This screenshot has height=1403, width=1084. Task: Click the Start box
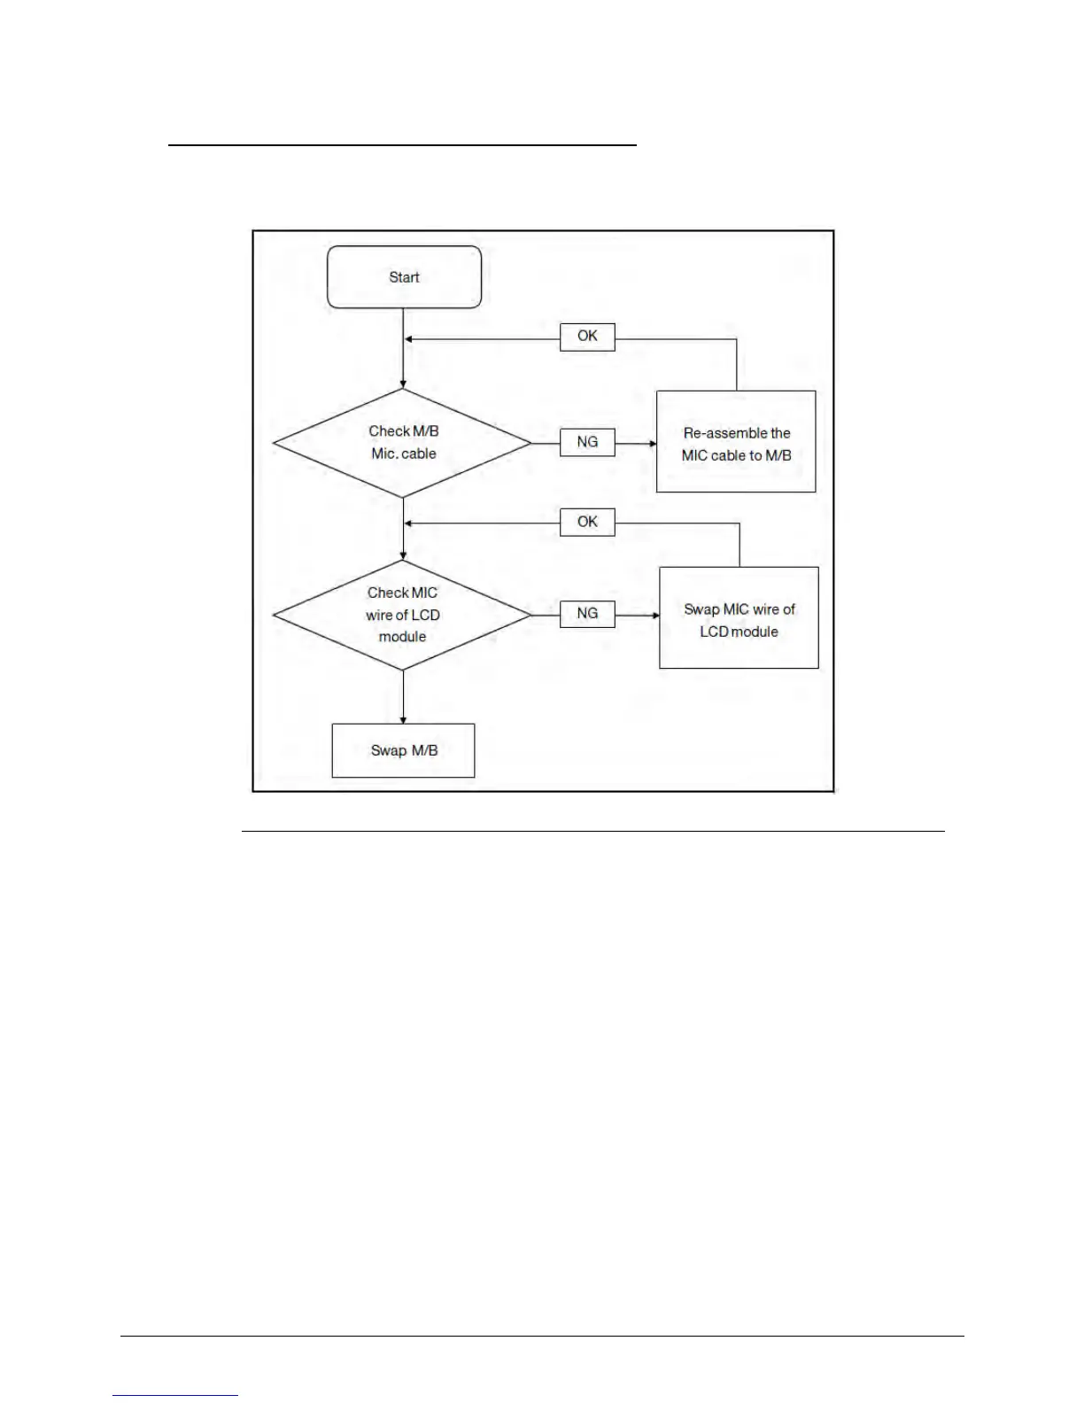(404, 277)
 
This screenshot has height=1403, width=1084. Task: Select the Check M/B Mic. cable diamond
(403, 443)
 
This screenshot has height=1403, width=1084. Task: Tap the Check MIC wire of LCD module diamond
(403, 615)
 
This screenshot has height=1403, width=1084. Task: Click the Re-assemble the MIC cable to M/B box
(736, 442)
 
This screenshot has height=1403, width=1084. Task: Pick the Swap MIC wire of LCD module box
(739, 618)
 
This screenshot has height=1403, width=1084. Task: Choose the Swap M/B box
(403, 751)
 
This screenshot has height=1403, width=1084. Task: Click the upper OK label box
(587, 337)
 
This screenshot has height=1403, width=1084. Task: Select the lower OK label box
(587, 523)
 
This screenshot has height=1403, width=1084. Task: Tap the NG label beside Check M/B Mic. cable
(587, 442)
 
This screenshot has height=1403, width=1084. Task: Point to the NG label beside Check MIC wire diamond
(587, 614)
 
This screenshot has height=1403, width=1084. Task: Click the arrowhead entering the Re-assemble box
(652, 443)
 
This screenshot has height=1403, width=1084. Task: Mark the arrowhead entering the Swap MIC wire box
(655, 615)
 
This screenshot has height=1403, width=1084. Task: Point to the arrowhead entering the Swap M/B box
(403, 720)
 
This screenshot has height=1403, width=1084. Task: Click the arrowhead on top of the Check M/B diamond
(403, 384)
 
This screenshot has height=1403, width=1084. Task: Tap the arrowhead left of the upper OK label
(408, 339)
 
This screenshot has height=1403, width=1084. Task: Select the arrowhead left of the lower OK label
(408, 523)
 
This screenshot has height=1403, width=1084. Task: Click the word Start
(404, 277)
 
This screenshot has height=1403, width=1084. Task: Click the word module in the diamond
(402, 637)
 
